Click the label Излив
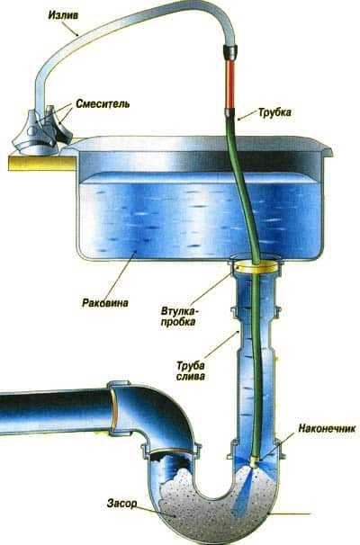63,15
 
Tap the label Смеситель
103,104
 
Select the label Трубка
274,112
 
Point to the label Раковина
105,303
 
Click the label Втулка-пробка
178,316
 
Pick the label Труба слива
190,371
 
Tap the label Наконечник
327,428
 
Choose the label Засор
121,504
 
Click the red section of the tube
229,85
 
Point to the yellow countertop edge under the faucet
41,163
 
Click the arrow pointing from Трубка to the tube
247,116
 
